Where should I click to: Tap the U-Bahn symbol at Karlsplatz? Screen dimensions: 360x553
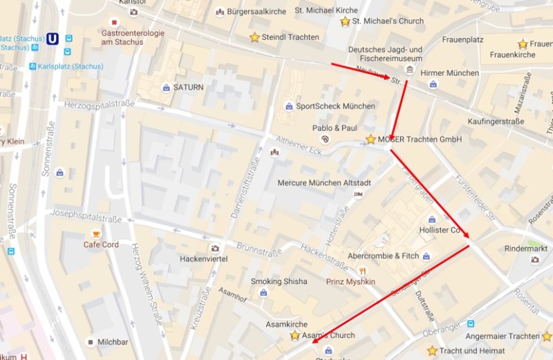pos(53,39)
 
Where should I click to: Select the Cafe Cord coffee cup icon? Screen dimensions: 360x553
pos(96,234)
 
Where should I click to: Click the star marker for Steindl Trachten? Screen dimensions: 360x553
pos(254,37)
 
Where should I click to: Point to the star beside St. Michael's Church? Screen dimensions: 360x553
pos(345,21)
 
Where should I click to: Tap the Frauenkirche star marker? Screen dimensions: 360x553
pos(523,44)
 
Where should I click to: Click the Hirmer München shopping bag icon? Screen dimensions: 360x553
pos(433,84)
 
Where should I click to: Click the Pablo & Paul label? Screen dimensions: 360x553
pos(335,128)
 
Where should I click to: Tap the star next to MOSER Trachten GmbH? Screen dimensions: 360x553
pos(371,140)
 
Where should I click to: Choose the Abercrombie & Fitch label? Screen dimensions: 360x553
pos(383,256)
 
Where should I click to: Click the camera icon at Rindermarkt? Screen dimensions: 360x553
pos(534,260)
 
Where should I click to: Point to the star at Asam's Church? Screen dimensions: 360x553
pos(295,335)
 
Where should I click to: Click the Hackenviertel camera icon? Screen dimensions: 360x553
pos(215,247)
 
